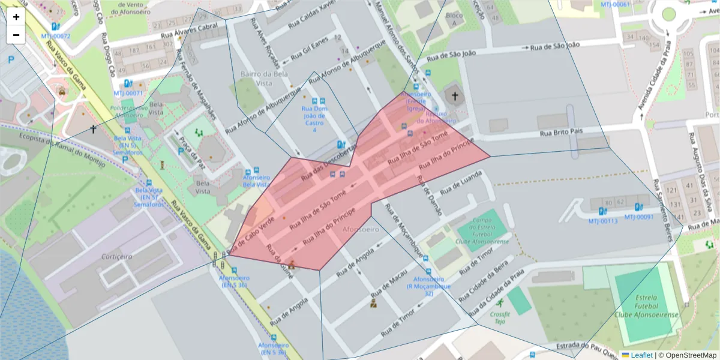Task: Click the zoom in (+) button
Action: [16, 17]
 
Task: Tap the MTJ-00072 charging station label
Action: [55, 36]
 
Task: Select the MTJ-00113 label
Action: [602, 221]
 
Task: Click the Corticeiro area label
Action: [116, 256]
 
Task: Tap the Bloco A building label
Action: [458, 19]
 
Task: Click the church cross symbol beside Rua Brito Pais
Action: [455, 96]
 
